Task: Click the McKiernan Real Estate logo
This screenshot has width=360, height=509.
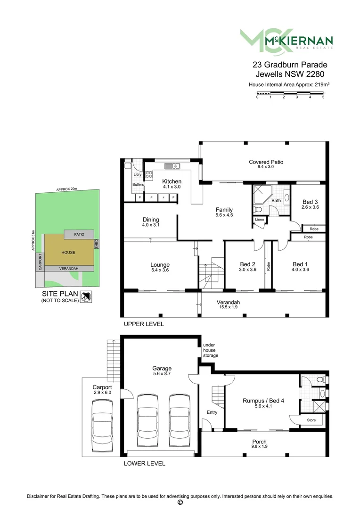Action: (x=286, y=41)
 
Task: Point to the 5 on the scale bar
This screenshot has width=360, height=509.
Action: (x=323, y=97)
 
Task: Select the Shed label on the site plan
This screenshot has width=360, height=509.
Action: (x=97, y=244)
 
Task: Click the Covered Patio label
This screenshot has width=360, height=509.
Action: (x=266, y=162)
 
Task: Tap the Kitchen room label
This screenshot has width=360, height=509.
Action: (x=172, y=181)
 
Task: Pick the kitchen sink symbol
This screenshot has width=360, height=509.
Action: (x=171, y=165)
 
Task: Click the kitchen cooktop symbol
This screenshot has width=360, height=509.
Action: (x=148, y=175)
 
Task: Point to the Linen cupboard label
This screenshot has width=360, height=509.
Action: (x=260, y=220)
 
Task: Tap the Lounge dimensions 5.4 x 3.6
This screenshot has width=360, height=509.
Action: (x=160, y=271)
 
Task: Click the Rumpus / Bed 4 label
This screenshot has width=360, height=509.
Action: (x=261, y=401)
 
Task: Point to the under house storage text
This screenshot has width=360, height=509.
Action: (x=211, y=350)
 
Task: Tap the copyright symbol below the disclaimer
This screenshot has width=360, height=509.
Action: (x=180, y=502)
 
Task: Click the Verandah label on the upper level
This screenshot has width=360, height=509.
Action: (x=228, y=302)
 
